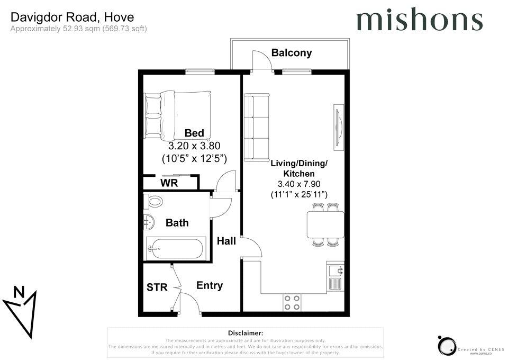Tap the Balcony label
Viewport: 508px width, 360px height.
point(292,53)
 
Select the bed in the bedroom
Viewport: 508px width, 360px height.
point(178,112)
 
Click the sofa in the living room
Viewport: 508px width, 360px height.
point(257,128)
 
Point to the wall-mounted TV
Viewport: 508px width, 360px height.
point(337,127)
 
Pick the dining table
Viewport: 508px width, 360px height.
point(325,225)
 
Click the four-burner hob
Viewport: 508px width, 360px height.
point(292,302)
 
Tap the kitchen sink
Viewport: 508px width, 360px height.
point(335,276)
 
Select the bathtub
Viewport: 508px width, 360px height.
point(174,248)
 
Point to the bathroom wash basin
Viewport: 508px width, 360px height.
point(148,223)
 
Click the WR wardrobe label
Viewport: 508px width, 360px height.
point(169,183)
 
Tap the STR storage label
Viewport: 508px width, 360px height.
point(157,287)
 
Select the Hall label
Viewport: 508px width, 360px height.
point(226,241)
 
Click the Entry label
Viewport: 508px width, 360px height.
point(210,286)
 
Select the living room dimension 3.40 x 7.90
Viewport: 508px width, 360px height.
point(299,184)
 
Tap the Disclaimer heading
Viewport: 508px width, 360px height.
point(245,332)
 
